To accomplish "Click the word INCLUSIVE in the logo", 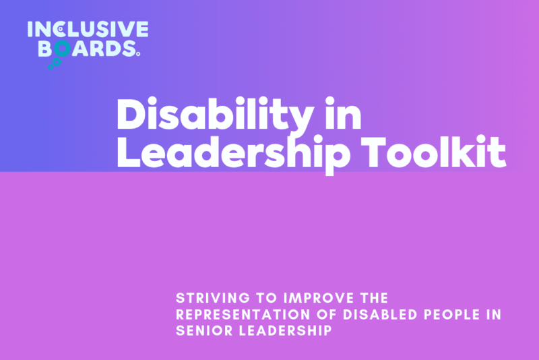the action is [x=88, y=29].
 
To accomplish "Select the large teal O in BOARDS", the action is [x=62, y=49].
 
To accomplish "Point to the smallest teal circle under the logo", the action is [x=51, y=67].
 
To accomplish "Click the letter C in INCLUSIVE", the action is [x=59, y=29].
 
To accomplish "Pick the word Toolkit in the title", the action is [x=433, y=152].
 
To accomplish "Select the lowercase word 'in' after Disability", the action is [x=343, y=113].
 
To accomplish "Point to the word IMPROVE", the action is [x=319, y=298].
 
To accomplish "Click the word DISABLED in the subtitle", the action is [x=380, y=315].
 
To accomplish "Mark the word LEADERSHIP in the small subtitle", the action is [x=285, y=331].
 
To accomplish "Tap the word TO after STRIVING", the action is [x=267, y=298].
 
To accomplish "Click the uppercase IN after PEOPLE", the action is [x=494, y=315].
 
